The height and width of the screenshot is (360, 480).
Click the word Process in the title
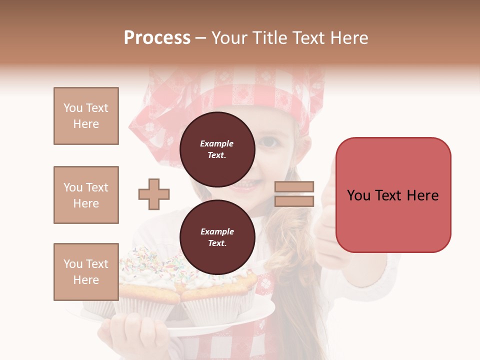[x=157, y=38]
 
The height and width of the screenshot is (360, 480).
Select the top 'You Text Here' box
[x=86, y=116]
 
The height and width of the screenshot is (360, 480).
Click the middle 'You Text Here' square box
[x=86, y=195]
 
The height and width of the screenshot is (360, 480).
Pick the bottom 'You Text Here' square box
[x=86, y=272]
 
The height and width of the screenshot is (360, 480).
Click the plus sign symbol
[x=154, y=194]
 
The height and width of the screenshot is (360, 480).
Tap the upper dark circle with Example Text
[x=217, y=149]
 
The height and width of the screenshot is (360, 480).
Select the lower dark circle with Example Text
[x=217, y=237]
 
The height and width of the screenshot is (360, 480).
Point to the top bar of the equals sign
[x=294, y=186]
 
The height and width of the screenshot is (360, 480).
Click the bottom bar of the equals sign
[x=294, y=201]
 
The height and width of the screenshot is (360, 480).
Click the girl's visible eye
[x=270, y=142]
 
